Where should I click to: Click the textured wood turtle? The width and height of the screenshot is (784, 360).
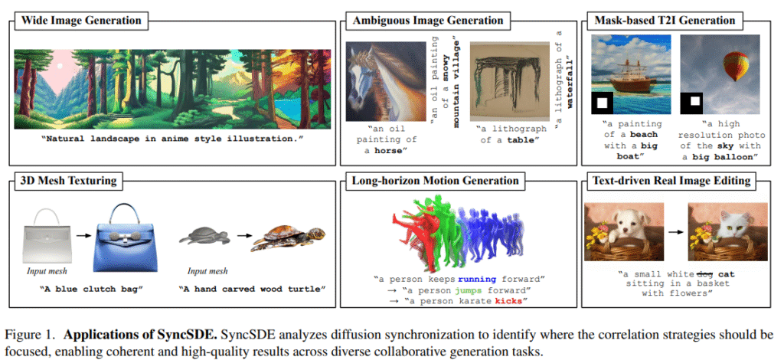289,237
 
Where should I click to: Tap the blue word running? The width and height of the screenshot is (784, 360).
477,279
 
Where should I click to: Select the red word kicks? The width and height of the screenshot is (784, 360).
509,301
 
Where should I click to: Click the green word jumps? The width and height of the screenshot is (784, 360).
467,290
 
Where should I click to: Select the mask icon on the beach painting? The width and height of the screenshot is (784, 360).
603,103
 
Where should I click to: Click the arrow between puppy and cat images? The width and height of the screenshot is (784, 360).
675,232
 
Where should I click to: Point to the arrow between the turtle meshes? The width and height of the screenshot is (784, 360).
243,234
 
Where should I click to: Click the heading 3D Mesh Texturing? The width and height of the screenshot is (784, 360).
68,180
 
